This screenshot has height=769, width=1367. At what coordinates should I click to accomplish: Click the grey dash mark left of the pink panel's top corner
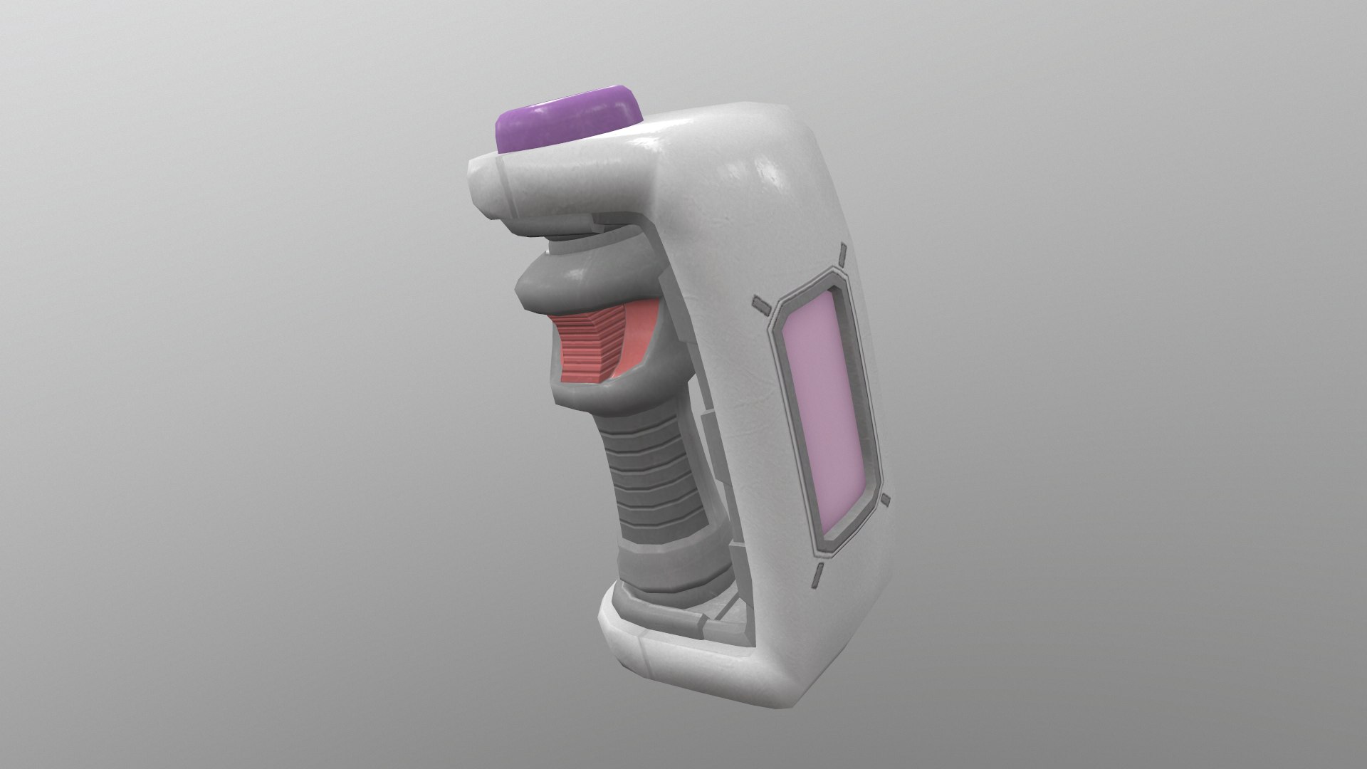(x=761, y=306)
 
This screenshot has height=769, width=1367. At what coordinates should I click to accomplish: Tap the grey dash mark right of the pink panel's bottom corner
(x=885, y=500)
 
